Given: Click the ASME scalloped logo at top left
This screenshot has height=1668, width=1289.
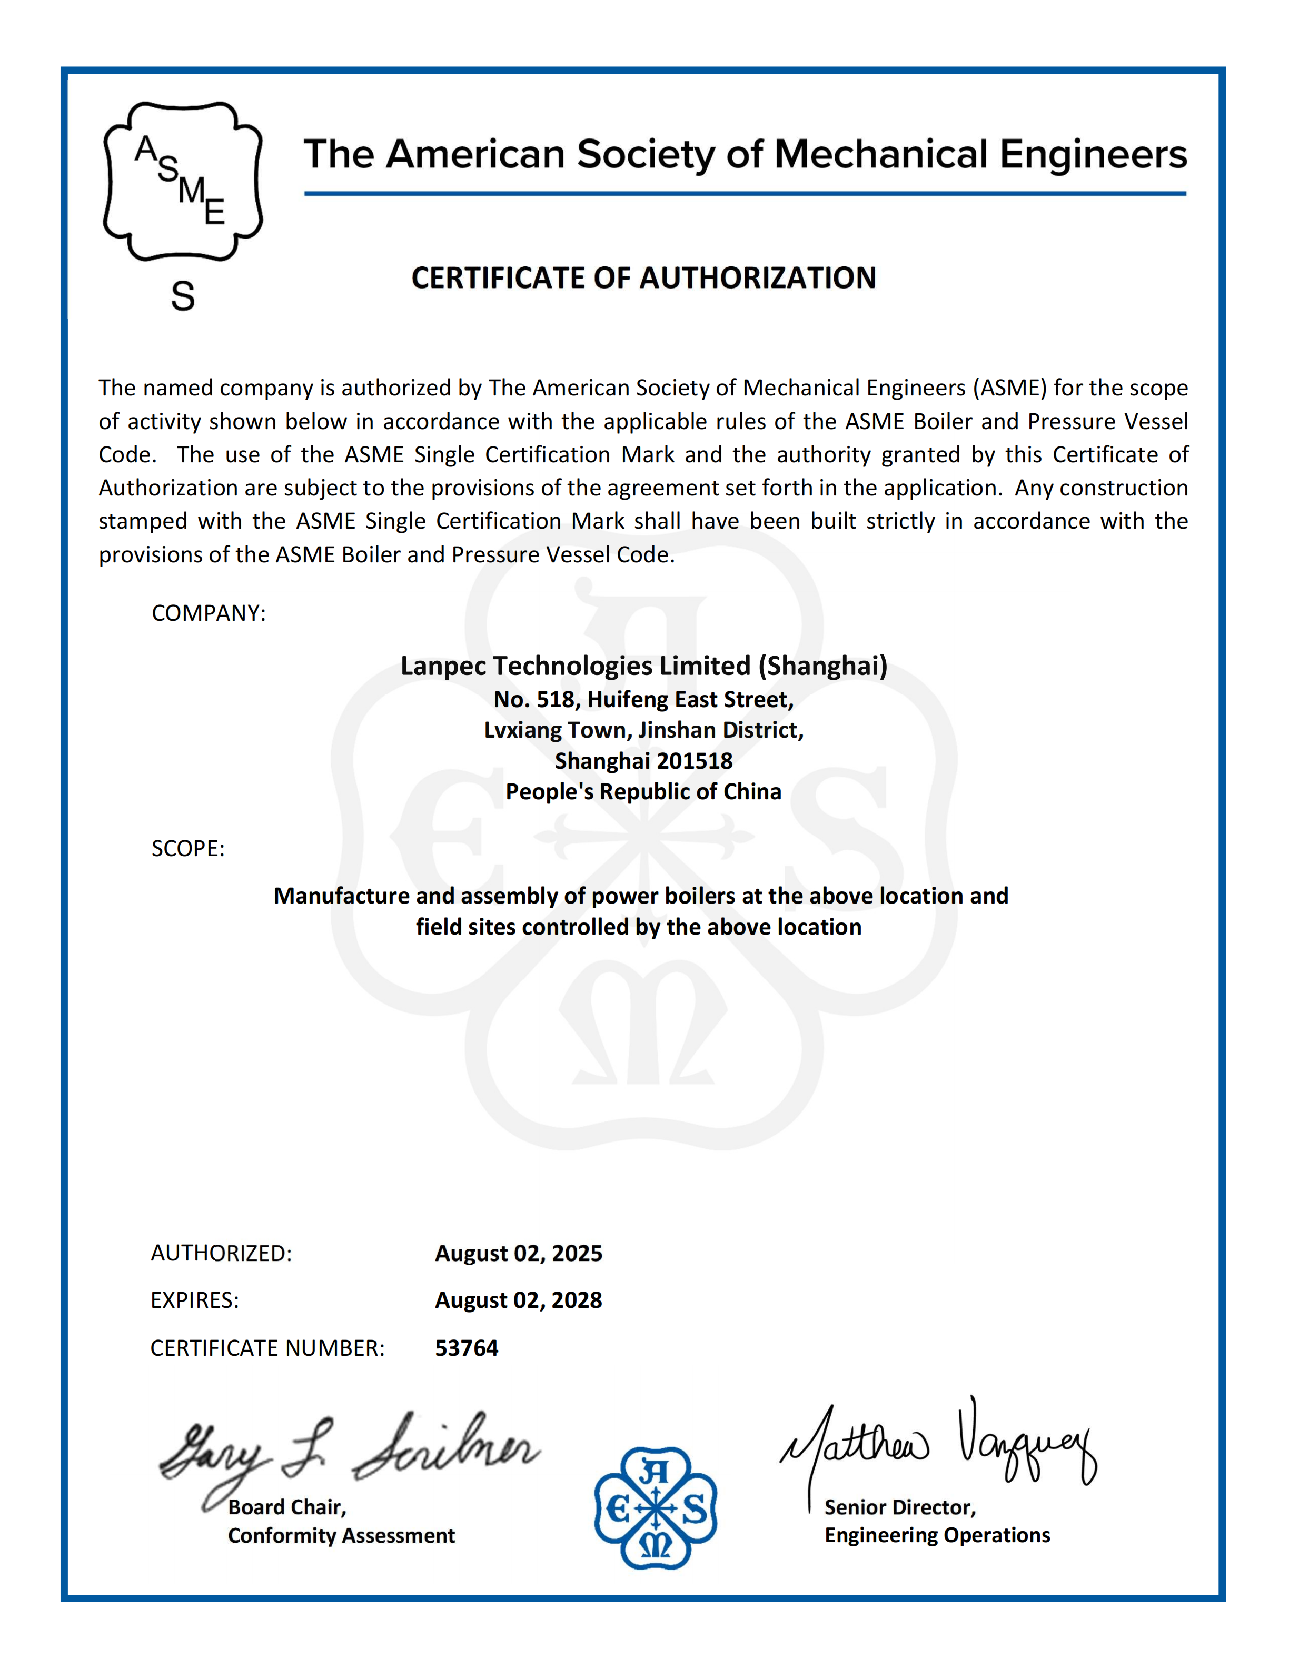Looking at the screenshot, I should (x=183, y=182).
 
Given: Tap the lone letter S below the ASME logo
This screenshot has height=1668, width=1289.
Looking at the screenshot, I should (x=183, y=295).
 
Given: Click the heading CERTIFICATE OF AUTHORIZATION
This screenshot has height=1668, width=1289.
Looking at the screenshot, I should (x=644, y=278).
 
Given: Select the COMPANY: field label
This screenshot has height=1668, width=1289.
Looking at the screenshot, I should (x=209, y=613).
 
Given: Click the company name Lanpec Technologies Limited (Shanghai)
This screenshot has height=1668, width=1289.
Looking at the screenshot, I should (x=644, y=666).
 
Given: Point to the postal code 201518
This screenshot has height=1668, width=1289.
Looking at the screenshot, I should (x=695, y=761).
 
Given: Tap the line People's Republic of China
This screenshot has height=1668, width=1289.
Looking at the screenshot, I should (x=644, y=792).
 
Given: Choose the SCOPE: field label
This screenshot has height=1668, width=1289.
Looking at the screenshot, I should (x=188, y=849).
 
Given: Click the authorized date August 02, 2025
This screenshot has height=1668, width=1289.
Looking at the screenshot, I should (x=519, y=1253).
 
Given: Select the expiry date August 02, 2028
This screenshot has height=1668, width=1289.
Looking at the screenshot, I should (x=519, y=1300).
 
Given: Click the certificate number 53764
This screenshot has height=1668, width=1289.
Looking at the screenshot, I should (x=467, y=1348).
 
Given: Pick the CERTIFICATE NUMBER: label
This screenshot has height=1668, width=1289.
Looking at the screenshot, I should (x=267, y=1348).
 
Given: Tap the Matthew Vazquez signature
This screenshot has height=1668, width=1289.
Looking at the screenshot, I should (x=939, y=1444).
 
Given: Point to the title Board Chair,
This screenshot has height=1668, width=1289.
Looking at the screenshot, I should (x=287, y=1507).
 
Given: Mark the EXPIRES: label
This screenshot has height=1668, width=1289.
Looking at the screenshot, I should (x=195, y=1300).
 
